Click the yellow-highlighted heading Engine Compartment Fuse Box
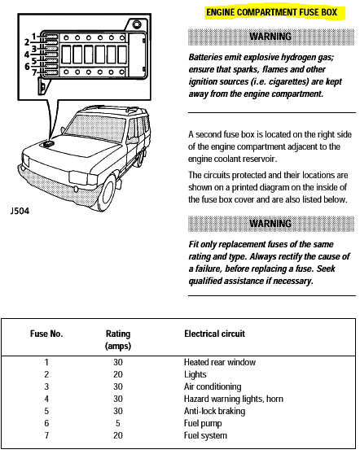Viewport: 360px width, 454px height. pyautogui.click(x=271, y=12)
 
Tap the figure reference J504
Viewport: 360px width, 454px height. pyautogui.click(x=20, y=211)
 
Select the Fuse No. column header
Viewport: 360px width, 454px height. pyautogui.click(x=46, y=334)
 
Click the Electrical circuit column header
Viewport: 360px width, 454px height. pyautogui.click(x=214, y=334)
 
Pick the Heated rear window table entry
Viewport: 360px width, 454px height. pyautogui.click(x=220, y=362)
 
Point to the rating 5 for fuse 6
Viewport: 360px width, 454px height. pyautogui.click(x=117, y=423)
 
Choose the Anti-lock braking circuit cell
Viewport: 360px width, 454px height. pyautogui.click(x=214, y=411)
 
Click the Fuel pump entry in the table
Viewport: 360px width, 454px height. pyautogui.click(x=203, y=424)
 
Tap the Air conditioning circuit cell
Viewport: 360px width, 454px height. pyautogui.click(x=213, y=386)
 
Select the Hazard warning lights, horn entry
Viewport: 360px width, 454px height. pyautogui.click(x=233, y=399)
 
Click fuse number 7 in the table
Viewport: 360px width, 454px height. pyautogui.click(x=46, y=435)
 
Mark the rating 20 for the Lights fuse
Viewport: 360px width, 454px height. pyautogui.click(x=117, y=374)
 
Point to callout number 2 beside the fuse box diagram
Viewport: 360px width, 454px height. pyautogui.click(x=27, y=42)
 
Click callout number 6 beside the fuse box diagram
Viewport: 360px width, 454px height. pyautogui.click(x=27, y=67)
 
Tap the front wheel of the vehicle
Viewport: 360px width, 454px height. pyautogui.click(x=107, y=192)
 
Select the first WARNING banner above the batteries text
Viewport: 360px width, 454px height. pyautogui.click(x=270, y=37)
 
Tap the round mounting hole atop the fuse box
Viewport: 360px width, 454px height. pyautogui.click(x=137, y=24)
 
